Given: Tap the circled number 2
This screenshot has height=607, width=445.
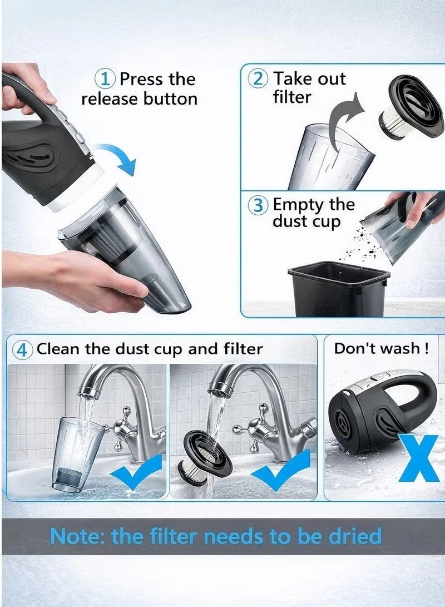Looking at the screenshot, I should coord(259,78).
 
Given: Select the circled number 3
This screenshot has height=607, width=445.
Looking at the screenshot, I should coord(259,205).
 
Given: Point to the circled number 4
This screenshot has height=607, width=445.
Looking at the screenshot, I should coord(23,349).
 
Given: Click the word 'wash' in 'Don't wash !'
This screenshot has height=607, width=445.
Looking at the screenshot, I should coord(398,349).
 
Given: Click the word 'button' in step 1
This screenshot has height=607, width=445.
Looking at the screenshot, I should coord(170,99).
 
